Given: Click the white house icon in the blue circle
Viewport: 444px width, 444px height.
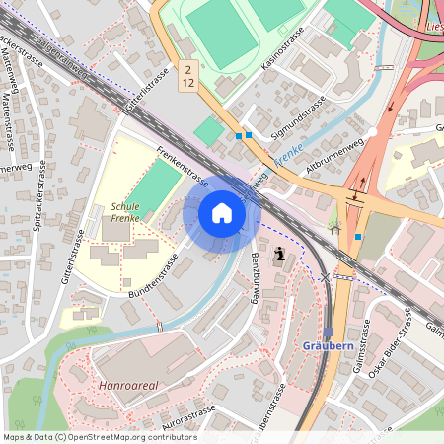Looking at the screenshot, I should [222, 213].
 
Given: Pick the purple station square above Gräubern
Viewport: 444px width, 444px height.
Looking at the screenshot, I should [328, 333].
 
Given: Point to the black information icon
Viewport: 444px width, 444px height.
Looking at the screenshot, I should [283, 255].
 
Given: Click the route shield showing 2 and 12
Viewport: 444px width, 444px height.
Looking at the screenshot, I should [187, 75].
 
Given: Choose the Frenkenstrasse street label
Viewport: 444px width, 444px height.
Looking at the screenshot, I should [183, 167].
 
